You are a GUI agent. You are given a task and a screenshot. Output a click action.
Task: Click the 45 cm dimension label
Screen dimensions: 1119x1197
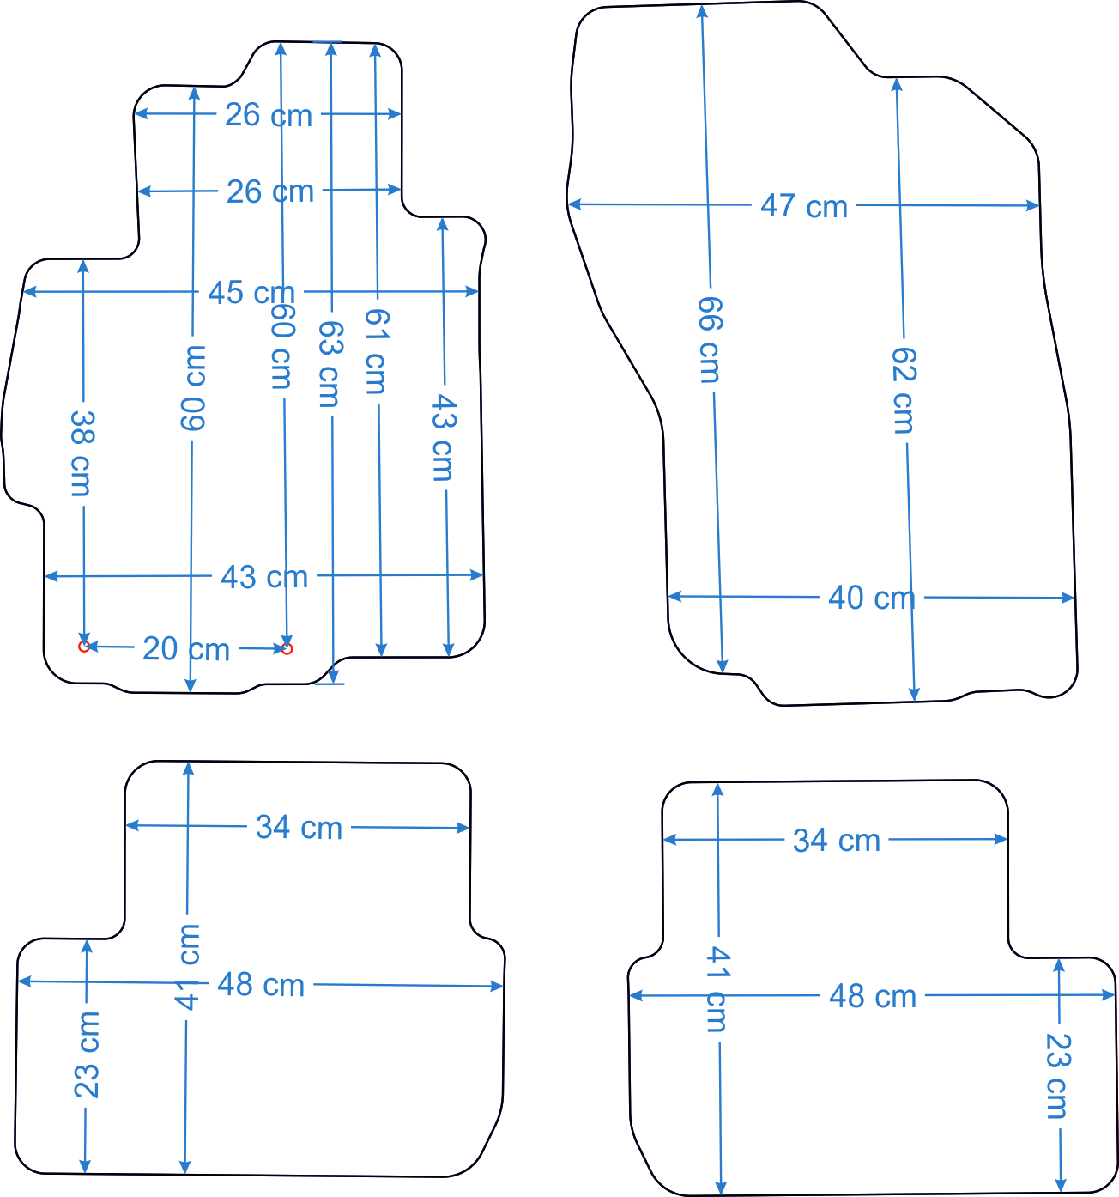click(x=251, y=292)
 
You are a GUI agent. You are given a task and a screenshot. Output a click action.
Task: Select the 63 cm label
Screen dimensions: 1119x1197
click(x=330, y=364)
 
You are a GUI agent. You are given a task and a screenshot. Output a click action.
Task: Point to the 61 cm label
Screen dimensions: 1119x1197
click(x=378, y=351)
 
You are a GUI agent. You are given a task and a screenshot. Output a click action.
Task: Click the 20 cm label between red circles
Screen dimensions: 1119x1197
click(x=186, y=649)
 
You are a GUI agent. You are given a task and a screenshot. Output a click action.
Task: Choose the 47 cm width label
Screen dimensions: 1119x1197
click(x=804, y=206)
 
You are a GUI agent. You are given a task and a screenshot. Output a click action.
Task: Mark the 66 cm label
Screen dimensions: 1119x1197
click(x=710, y=340)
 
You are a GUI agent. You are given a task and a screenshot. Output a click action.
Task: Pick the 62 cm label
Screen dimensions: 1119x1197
click(x=904, y=391)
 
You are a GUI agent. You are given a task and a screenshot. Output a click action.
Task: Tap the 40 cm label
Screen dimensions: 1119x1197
click(x=871, y=598)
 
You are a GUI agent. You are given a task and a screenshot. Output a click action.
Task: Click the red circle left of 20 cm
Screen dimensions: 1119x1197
click(x=84, y=647)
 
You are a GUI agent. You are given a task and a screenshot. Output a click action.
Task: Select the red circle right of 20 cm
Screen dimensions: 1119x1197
click(x=287, y=649)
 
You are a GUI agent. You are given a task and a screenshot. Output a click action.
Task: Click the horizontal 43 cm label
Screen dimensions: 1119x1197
click(x=264, y=577)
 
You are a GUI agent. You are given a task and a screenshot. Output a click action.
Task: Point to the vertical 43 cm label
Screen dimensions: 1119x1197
click(x=443, y=438)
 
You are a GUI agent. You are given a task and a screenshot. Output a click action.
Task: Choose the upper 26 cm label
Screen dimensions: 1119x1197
click(x=269, y=114)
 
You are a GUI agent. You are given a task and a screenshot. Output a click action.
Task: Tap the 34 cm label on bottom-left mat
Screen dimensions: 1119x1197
click(x=299, y=827)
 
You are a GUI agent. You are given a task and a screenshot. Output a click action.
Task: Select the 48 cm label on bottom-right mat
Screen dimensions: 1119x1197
click(x=873, y=996)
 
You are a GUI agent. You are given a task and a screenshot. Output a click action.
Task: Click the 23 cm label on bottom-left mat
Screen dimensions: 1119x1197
click(x=86, y=1054)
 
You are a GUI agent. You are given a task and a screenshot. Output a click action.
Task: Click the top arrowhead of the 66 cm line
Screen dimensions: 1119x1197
click(x=702, y=11)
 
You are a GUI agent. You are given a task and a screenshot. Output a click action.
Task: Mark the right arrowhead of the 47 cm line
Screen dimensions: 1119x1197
click(x=1033, y=205)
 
